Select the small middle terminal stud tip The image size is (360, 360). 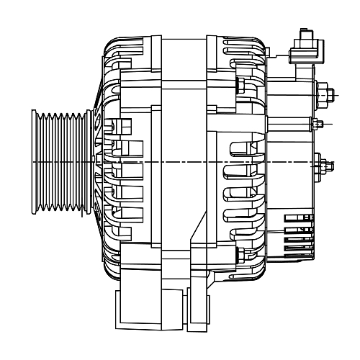pos(318,125)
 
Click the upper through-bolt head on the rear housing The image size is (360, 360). pos(239,87)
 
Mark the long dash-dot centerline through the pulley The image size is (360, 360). pos(180,163)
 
